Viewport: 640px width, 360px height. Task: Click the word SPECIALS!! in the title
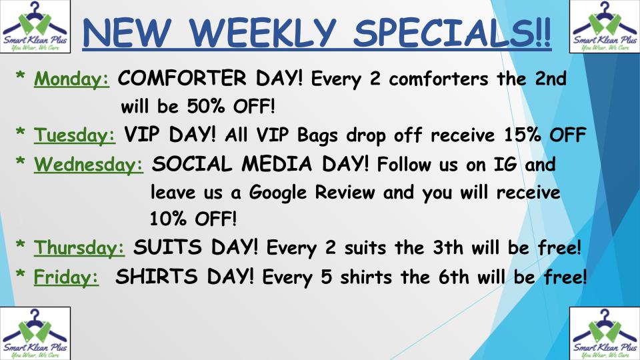452,33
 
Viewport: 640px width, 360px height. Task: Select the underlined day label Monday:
71,79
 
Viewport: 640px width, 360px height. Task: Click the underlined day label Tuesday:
75,135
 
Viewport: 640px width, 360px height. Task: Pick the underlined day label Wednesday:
89,165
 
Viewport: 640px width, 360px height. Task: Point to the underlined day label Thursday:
79,247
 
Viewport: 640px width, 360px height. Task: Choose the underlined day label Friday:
66,277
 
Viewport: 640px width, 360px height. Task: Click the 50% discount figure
206,107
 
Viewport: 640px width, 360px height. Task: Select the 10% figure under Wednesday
168,219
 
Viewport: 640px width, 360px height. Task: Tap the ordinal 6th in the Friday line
454,277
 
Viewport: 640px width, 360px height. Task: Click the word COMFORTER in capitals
182,78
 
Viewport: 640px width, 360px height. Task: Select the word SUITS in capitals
167,247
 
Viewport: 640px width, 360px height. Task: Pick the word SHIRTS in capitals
157,277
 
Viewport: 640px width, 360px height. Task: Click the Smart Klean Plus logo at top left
35,27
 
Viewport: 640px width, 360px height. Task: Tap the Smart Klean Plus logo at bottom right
605,333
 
